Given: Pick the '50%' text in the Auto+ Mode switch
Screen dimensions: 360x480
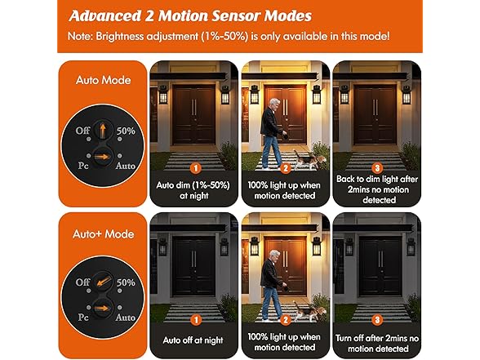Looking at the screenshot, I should (x=125, y=282).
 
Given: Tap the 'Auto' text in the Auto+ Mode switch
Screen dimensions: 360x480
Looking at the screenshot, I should (x=125, y=317).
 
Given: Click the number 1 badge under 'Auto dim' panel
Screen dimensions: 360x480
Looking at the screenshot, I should (x=194, y=168).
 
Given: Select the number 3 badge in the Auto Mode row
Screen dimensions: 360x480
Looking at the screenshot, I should (x=376, y=168).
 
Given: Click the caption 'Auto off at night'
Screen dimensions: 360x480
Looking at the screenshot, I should (x=194, y=340).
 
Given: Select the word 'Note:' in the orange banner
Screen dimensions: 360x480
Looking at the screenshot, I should (x=84, y=38).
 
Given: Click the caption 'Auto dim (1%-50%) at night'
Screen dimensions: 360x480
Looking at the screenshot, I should (x=194, y=189).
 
